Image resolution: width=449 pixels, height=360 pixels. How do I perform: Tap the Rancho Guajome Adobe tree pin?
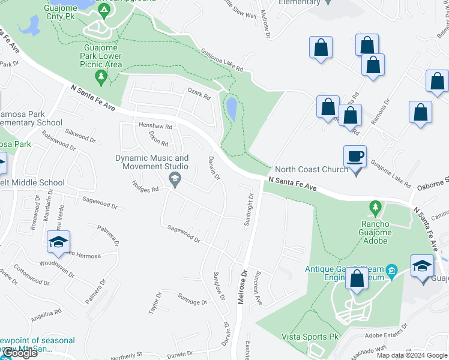click(x=376, y=208)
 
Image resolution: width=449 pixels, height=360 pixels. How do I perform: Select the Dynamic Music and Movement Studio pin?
click(x=175, y=178)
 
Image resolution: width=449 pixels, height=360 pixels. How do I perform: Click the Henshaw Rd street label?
click(x=155, y=127)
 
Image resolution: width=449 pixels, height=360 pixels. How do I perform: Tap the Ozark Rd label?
click(x=199, y=95)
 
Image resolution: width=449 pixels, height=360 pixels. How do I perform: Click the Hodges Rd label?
click(x=146, y=188)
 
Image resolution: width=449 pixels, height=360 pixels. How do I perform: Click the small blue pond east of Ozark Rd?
click(x=231, y=109)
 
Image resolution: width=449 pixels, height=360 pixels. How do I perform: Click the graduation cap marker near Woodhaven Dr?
click(x=58, y=243)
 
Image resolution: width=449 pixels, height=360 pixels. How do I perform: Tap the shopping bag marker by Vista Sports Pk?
click(x=357, y=280)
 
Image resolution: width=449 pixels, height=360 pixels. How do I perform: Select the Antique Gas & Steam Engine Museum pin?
click(x=391, y=269)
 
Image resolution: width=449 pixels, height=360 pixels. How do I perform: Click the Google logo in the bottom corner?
click(x=19, y=353)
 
